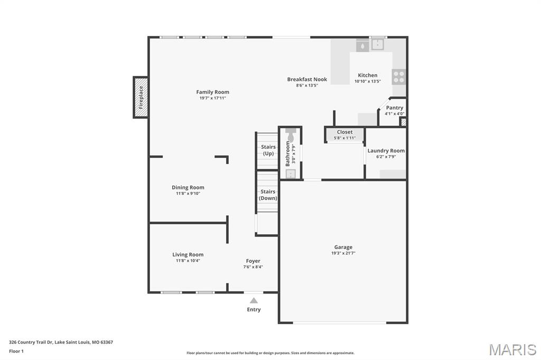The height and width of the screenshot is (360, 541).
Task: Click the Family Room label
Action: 212,92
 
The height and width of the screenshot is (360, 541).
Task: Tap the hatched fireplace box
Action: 141,97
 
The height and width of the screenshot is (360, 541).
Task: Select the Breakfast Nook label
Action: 307,79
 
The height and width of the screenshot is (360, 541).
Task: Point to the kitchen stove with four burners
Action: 398,77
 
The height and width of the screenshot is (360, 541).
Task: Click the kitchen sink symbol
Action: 378,44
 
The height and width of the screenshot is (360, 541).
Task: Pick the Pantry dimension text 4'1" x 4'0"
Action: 395,114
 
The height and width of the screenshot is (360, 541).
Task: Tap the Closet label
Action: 344,132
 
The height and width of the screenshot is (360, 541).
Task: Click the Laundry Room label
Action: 386,150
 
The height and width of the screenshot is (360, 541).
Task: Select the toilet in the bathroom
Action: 291,135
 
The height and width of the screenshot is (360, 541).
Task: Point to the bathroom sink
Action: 291,174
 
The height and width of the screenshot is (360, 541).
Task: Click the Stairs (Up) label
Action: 268,150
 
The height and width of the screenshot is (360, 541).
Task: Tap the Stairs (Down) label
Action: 268,195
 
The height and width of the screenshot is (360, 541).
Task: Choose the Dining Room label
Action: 188,187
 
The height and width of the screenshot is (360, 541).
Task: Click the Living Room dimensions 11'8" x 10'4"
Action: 188,261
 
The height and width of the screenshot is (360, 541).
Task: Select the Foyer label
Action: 253,261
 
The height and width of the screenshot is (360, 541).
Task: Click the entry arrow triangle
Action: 254,300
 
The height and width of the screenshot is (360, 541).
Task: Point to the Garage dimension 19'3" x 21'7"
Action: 343,253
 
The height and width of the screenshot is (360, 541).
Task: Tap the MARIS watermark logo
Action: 512,349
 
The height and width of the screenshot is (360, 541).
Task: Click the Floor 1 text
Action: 16,352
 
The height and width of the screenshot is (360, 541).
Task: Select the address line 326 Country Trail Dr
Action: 61,343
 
